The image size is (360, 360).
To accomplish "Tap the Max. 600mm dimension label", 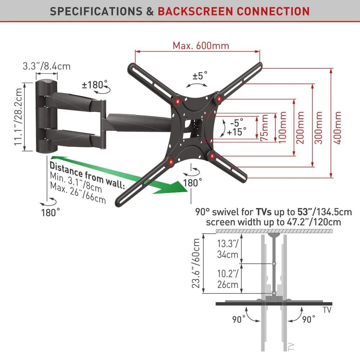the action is (x=201, y=46).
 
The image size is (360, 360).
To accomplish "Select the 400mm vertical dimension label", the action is (x=337, y=128).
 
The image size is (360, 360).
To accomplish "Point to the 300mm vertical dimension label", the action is (x=319, y=128).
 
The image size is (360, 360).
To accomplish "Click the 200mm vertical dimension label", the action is (x=300, y=128).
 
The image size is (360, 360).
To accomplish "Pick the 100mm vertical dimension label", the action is (x=282, y=127).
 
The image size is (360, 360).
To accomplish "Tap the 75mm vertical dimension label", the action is (x=265, y=128).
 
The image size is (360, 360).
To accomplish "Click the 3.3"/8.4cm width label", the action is (x=46, y=66).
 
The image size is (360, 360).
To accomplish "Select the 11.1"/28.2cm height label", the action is (x=18, y=117).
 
